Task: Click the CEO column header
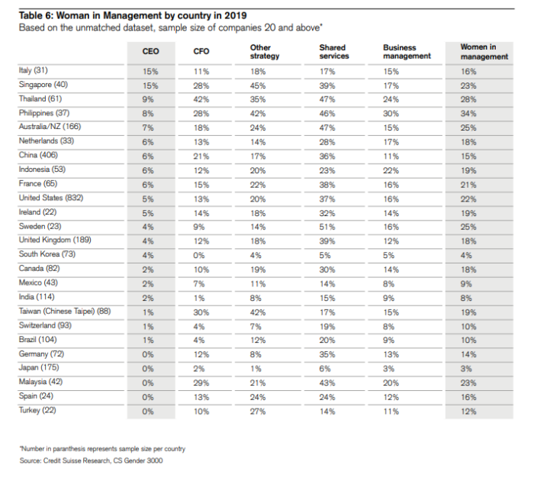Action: (150, 51)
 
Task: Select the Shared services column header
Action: (334, 52)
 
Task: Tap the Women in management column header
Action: (484, 52)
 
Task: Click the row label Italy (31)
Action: (34, 70)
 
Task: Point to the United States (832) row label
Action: (51, 198)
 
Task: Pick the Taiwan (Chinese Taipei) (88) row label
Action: (65, 311)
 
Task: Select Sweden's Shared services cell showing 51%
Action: (327, 227)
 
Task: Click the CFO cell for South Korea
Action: (199, 255)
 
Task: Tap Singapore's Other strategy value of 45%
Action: (258, 86)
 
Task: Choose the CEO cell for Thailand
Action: (148, 99)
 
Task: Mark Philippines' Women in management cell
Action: (468, 114)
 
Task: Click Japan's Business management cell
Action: (388, 369)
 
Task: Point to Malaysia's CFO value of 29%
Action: (201, 383)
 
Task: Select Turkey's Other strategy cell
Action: (258, 412)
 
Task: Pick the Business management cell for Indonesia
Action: (391, 170)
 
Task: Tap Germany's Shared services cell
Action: (327, 354)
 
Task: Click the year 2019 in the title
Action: (235, 16)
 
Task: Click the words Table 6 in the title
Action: (36, 16)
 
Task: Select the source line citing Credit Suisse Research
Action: (91, 460)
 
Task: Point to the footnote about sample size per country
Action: (102, 449)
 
